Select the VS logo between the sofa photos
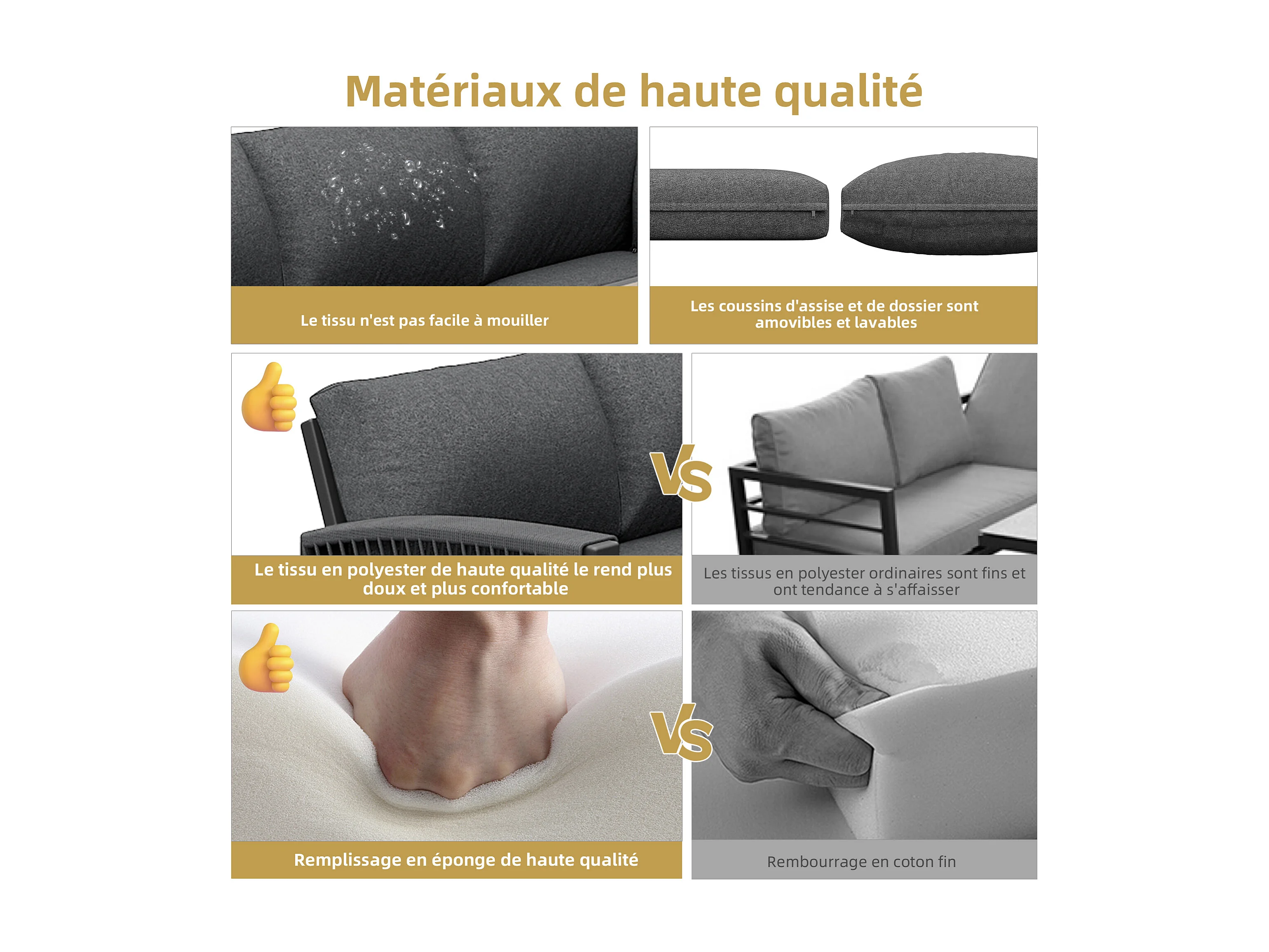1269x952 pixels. [682, 472]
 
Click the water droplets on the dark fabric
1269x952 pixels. [396, 192]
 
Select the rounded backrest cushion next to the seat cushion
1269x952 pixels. [939, 204]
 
